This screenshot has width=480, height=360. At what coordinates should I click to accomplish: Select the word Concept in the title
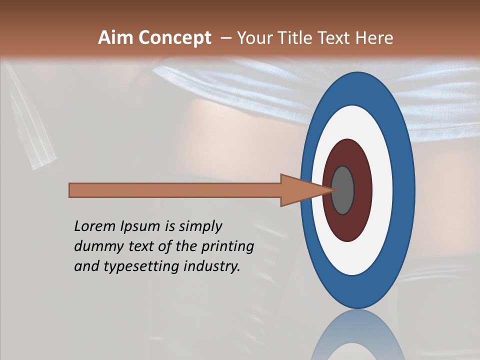(x=174, y=38)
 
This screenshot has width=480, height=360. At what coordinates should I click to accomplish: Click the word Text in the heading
(x=334, y=38)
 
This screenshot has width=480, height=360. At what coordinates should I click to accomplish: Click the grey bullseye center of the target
(x=343, y=190)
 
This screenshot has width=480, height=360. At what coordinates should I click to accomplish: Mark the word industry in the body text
(x=212, y=266)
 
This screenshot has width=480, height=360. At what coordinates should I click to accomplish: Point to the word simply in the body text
(x=200, y=226)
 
